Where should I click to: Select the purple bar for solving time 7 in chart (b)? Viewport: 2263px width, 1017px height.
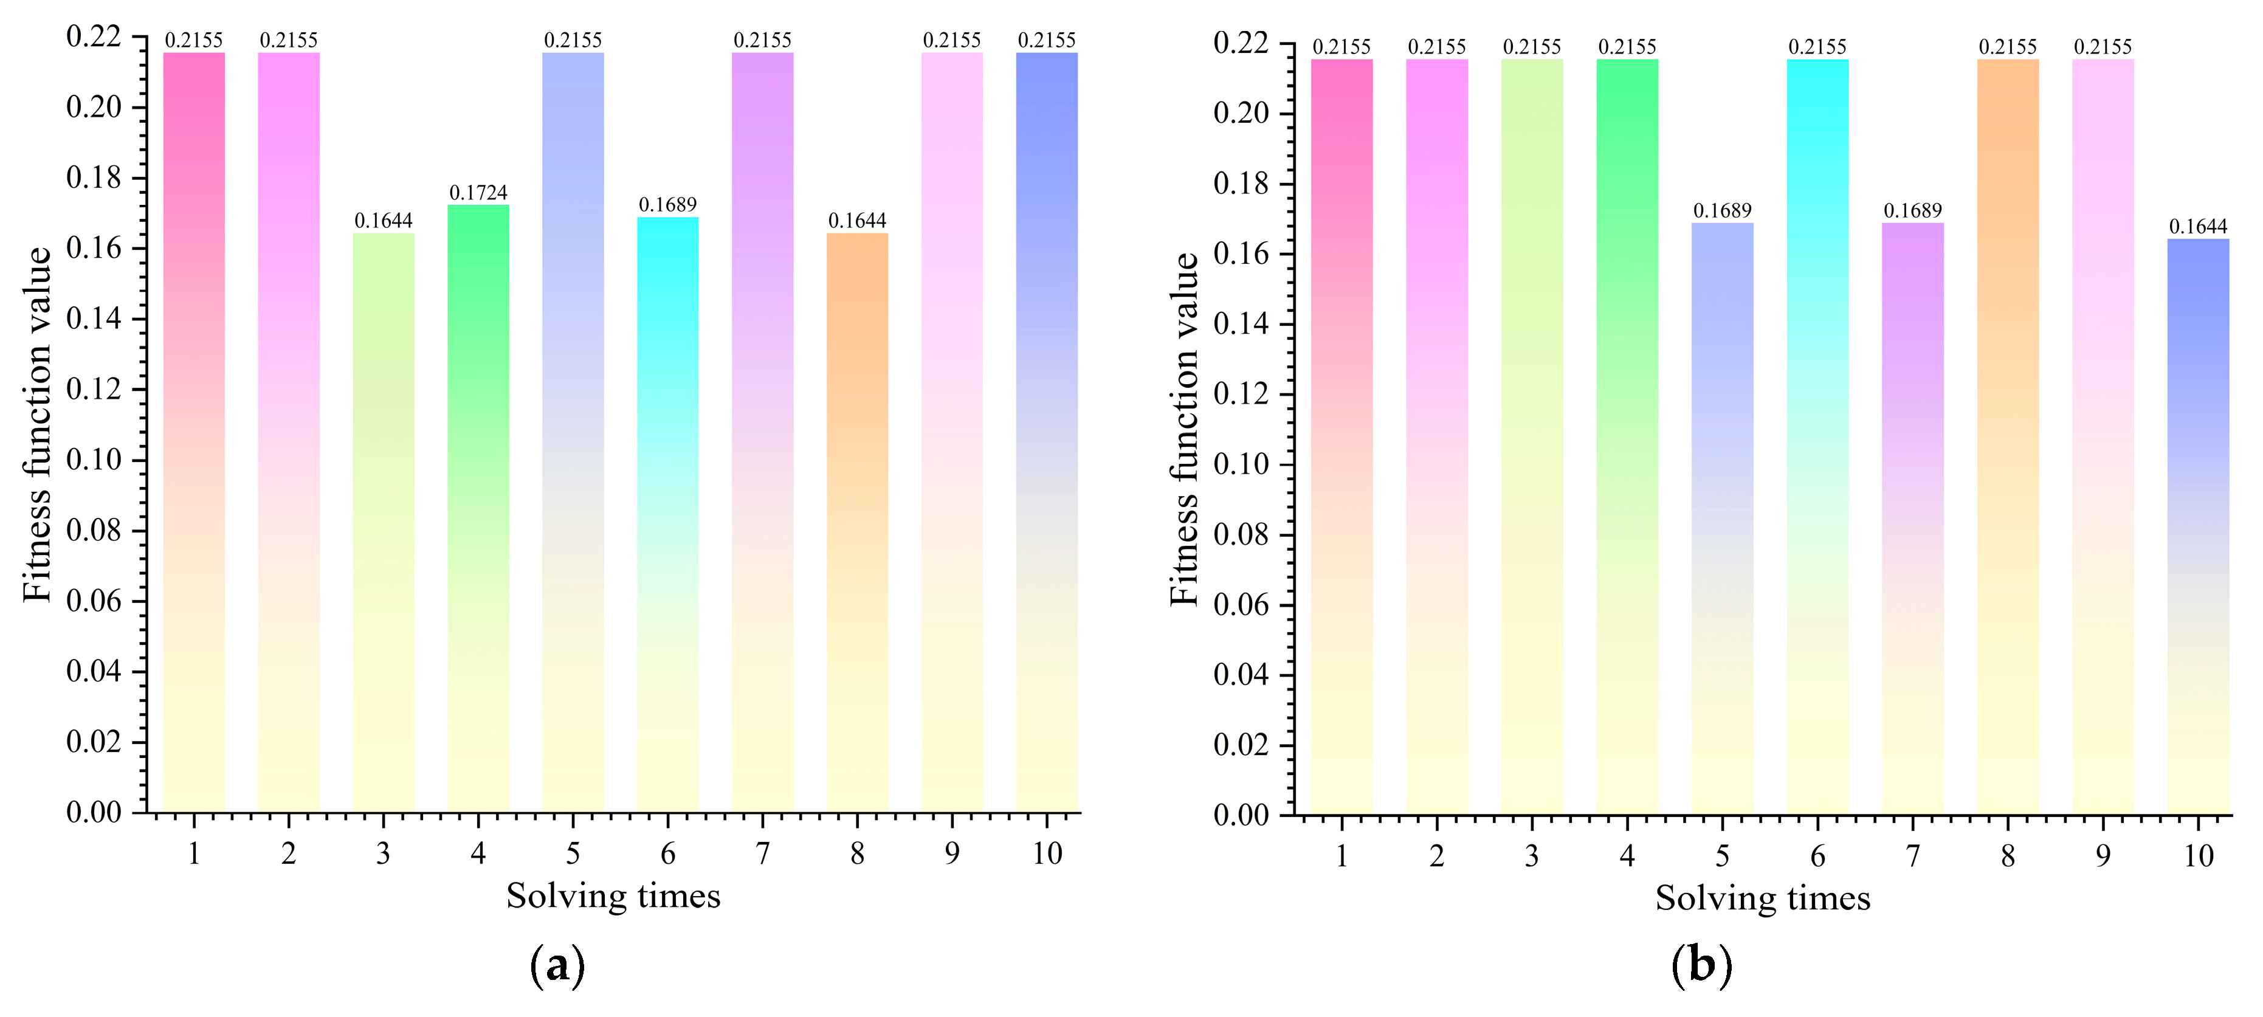coord(1912,518)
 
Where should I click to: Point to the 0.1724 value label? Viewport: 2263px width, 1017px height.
coord(478,192)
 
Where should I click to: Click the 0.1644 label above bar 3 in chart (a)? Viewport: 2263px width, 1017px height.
coord(383,221)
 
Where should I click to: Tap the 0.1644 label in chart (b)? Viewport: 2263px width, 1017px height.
coord(2198,227)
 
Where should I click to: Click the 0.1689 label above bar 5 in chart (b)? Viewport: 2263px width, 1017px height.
coord(1722,211)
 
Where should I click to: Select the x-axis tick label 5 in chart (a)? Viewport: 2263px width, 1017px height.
coord(573,853)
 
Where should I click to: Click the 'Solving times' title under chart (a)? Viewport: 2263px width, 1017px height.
coord(613,896)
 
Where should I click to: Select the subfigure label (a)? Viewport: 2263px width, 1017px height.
coord(557,965)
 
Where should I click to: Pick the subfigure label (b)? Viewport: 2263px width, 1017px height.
coord(1701,965)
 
